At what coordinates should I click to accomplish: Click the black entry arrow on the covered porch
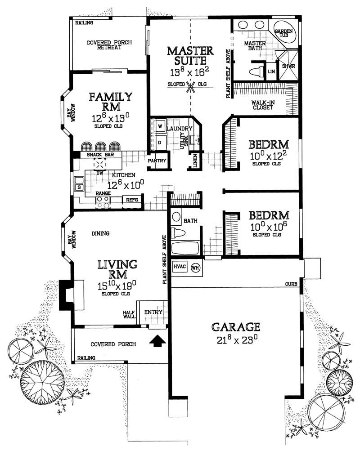click(x=157, y=342)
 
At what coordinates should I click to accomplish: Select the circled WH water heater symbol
click(x=195, y=267)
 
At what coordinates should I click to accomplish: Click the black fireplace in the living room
click(x=66, y=294)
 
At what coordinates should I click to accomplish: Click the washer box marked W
click(x=160, y=127)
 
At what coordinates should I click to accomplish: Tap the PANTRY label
click(x=157, y=161)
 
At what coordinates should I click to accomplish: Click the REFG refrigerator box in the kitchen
click(x=132, y=199)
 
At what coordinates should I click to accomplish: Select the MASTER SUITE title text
click(x=187, y=55)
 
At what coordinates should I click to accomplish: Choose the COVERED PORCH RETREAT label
click(x=109, y=45)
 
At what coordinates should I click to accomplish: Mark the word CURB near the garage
click(x=292, y=285)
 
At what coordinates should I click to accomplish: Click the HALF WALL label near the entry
click(x=130, y=314)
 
